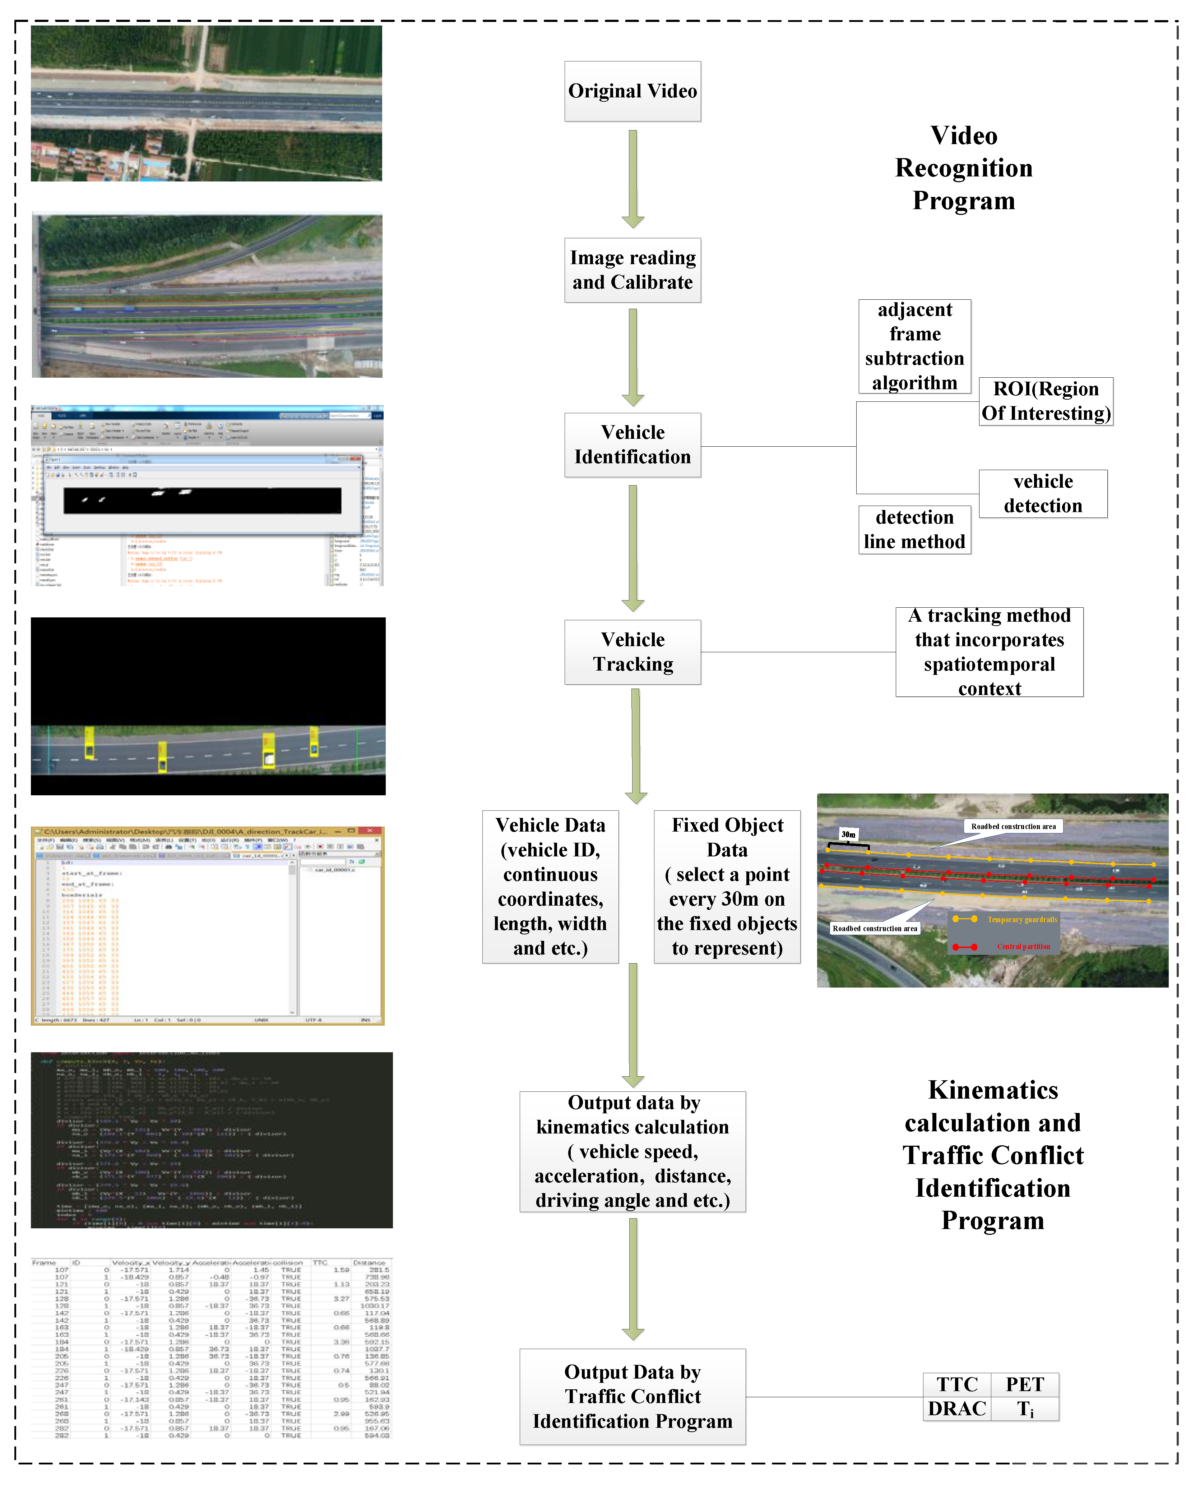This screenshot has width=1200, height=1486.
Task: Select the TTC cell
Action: point(957,1384)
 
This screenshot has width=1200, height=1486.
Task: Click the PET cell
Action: point(1024,1384)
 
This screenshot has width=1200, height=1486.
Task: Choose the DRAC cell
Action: point(957,1408)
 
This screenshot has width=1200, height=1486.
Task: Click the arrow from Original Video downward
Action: point(633,178)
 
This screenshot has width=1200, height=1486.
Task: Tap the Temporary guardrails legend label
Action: point(1021,920)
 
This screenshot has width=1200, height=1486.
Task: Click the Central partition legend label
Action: point(1023,947)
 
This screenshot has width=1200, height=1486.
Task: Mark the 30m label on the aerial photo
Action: point(848,834)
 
